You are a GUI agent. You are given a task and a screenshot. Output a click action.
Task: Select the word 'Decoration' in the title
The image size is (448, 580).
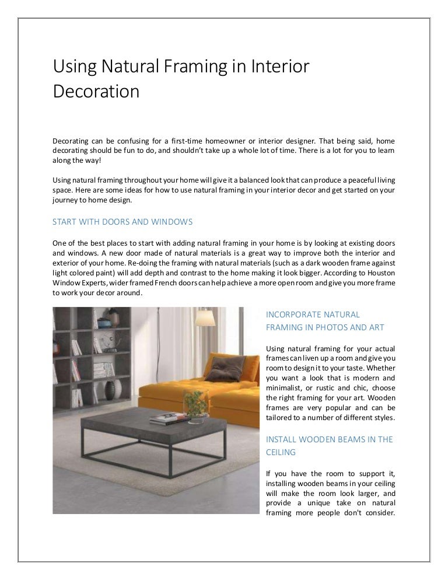pyautogui.click(x=96, y=92)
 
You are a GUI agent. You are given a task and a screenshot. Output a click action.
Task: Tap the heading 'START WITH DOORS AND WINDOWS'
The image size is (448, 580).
pyautogui.click(x=123, y=222)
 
